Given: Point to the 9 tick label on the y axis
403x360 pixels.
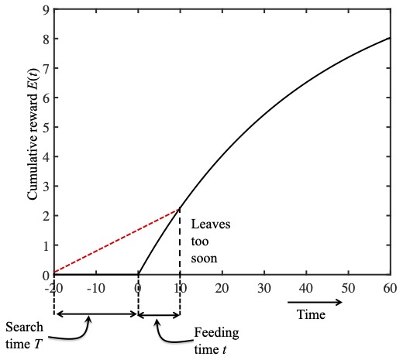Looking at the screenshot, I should point(46,9).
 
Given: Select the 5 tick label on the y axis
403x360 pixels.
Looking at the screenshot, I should point(46,127).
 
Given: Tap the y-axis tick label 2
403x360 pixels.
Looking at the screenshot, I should point(46,216).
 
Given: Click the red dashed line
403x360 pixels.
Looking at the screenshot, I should point(116,242).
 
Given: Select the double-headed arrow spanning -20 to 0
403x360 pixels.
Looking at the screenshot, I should point(95,314).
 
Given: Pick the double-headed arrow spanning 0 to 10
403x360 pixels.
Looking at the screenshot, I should point(159,314).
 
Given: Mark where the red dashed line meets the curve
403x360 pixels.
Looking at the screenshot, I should point(180,208).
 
